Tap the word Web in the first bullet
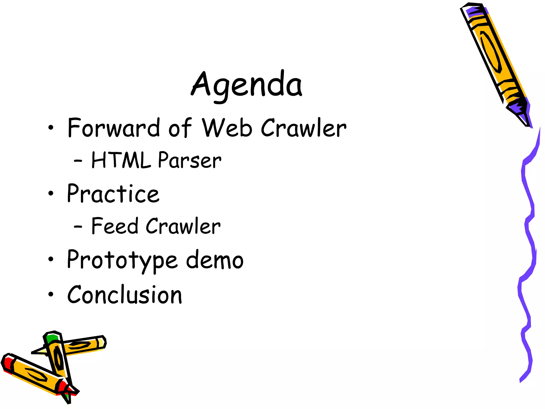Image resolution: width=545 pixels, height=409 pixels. (227, 128)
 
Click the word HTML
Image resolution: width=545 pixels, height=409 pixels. (121, 160)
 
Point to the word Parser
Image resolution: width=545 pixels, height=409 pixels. (189, 160)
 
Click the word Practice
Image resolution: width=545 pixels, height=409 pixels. (113, 194)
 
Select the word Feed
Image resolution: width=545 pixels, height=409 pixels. (115, 226)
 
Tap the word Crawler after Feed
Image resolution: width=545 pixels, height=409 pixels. (183, 226)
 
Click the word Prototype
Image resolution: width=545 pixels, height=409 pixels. (122, 260)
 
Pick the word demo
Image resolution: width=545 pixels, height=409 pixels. (214, 260)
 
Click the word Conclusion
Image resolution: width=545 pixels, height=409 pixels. (125, 295)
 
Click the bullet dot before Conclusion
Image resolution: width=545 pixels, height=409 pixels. (51, 295)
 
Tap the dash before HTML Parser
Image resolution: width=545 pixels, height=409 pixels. (78, 161)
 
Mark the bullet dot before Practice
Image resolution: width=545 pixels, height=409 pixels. (51, 194)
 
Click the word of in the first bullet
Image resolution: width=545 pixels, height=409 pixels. (180, 128)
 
